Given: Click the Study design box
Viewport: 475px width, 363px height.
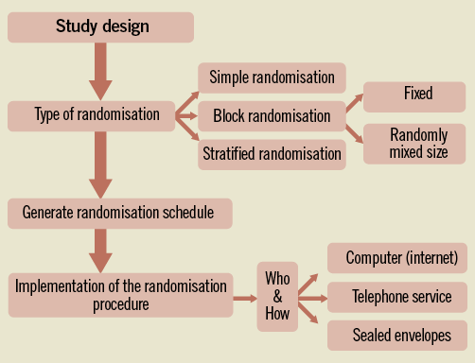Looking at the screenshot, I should coord(102,26).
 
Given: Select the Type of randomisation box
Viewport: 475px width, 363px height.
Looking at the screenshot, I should coord(92,116).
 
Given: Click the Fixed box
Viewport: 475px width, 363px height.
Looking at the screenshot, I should coord(415,95).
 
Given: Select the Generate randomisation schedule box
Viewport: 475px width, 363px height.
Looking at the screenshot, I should coord(118,212).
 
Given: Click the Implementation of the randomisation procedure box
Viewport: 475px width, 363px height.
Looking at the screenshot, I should coord(120,294).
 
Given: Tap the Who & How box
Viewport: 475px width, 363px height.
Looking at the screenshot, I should coord(277,296).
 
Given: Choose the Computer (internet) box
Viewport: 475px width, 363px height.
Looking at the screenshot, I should coord(401,257).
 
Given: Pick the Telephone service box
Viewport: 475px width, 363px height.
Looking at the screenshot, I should coord(401,297).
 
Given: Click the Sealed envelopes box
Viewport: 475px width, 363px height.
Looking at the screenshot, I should coord(401,336).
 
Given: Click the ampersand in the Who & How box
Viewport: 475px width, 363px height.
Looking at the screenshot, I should coord(277,296).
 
